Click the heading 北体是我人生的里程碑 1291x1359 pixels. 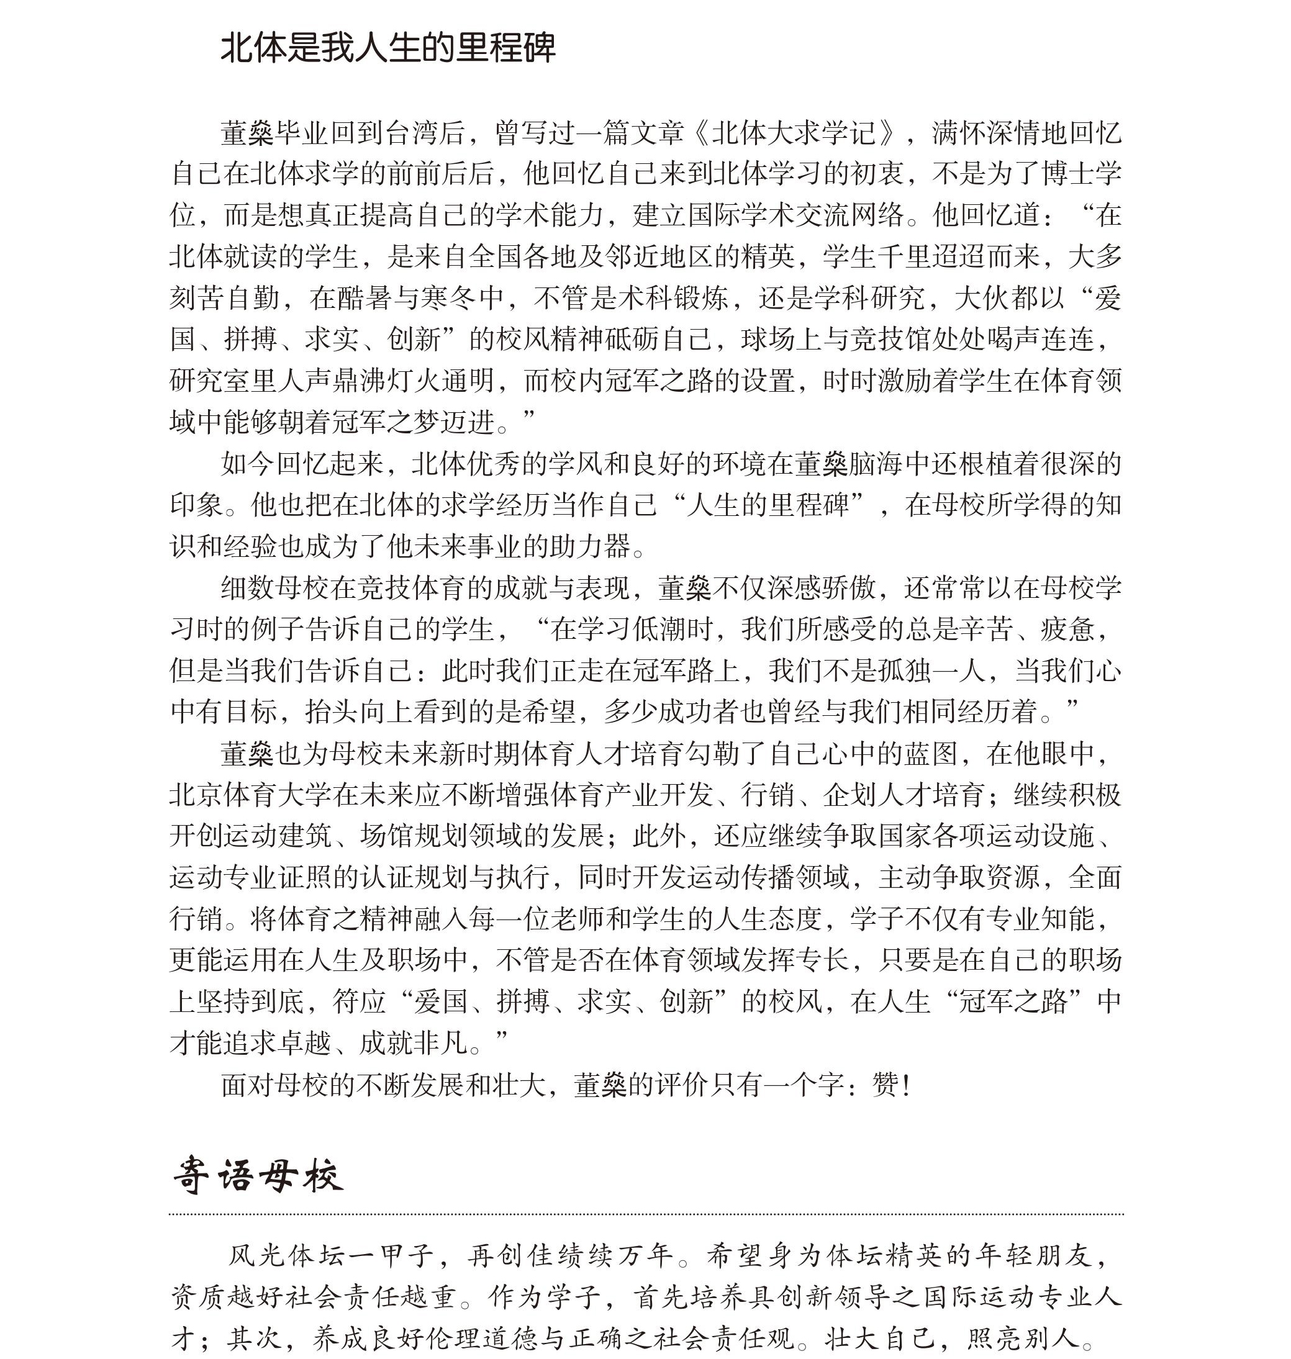pyautogui.click(x=387, y=48)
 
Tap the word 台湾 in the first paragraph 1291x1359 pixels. pyautogui.click(x=413, y=133)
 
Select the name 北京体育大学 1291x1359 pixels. pyautogui.click(x=251, y=795)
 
